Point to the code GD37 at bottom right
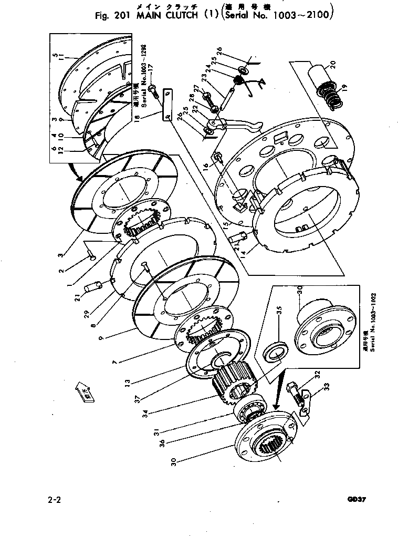[x=356, y=499]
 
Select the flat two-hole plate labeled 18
[x=167, y=105]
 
